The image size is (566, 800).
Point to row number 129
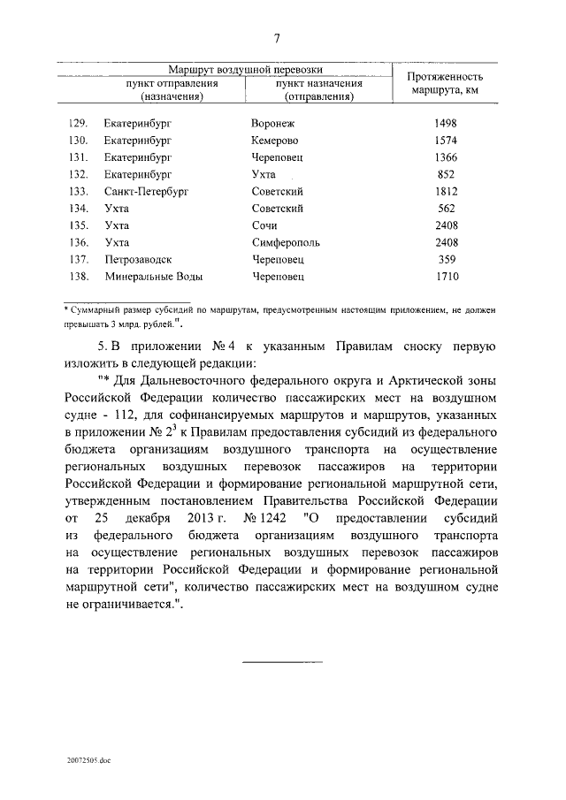(x=78, y=124)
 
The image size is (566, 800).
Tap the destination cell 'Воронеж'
(x=274, y=124)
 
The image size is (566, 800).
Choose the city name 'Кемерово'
(x=275, y=141)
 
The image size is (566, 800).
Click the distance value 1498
(x=445, y=124)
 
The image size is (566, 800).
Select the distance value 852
(x=445, y=175)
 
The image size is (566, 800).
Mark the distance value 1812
(x=445, y=192)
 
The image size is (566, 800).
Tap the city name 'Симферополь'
(x=286, y=242)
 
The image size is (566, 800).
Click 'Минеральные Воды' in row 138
(x=153, y=277)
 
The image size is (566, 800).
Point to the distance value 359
(x=445, y=260)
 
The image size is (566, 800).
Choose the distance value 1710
(x=445, y=277)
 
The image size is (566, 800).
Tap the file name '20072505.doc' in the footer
(x=89, y=759)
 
